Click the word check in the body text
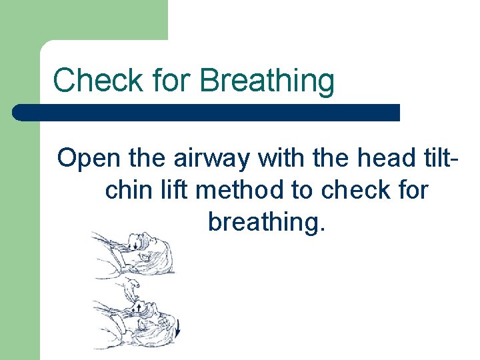(356, 190)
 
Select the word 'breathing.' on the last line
(267, 222)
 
